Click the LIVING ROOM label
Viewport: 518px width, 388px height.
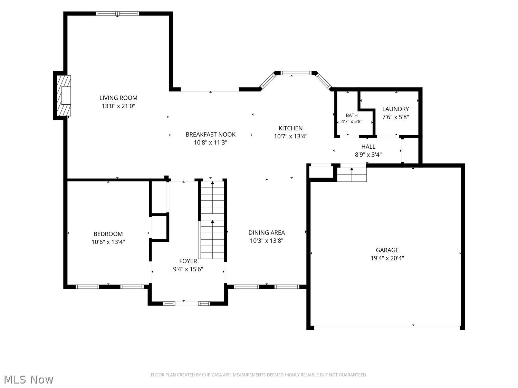[118, 98]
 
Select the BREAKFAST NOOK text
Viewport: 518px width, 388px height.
[210, 135]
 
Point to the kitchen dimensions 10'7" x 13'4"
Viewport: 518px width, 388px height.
[290, 136]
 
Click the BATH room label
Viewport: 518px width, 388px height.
[352, 115]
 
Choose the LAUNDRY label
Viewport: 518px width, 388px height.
[395, 109]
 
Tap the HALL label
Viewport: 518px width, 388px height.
[368, 147]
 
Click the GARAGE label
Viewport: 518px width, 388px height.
[387, 250]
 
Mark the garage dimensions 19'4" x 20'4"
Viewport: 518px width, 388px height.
[387, 258]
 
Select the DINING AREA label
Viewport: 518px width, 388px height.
[267, 233]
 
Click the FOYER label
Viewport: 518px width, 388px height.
[188, 261]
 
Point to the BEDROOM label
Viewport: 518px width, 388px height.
[108, 234]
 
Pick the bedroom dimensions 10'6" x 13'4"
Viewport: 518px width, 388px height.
[108, 242]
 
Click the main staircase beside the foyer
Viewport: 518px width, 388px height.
[212, 220]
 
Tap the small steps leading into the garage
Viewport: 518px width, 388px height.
[352, 174]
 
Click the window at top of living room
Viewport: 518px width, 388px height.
[117, 14]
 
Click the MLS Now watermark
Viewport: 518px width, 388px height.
[28, 379]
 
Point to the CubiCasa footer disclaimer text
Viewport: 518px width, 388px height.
[259, 375]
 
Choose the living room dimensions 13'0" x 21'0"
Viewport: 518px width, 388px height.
[118, 106]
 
